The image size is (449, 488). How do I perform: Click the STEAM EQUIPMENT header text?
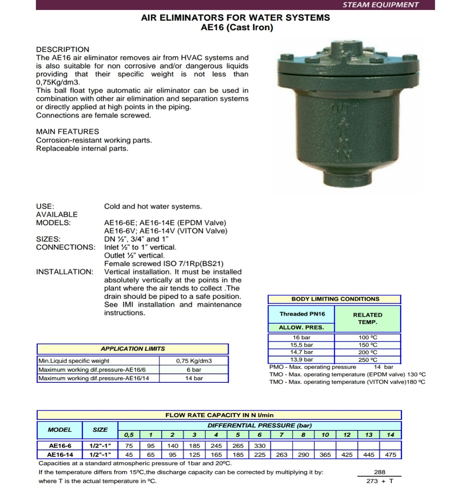(x=380, y=5)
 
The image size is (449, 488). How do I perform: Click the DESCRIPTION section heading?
(x=63, y=50)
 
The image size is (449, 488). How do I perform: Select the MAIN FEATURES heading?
(x=68, y=132)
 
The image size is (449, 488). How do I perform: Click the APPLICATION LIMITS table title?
(x=132, y=349)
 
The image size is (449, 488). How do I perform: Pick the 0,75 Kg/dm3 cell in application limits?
(x=194, y=361)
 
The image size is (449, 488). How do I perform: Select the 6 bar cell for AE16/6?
(x=194, y=369)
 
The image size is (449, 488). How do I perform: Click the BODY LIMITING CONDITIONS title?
(x=335, y=299)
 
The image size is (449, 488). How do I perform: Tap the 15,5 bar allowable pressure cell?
(x=301, y=345)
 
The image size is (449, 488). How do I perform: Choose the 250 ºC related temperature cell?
(x=368, y=360)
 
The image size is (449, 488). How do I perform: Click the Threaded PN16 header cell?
(x=302, y=314)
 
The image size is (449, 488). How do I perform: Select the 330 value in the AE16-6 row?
(x=260, y=446)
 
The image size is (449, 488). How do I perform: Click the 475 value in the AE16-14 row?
(x=390, y=454)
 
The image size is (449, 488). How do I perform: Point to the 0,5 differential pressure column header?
(x=129, y=435)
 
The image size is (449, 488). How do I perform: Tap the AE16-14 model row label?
(x=60, y=454)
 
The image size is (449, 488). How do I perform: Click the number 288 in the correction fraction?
(x=380, y=472)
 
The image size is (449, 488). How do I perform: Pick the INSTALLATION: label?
(x=65, y=272)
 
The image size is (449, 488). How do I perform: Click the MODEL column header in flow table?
(x=60, y=430)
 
